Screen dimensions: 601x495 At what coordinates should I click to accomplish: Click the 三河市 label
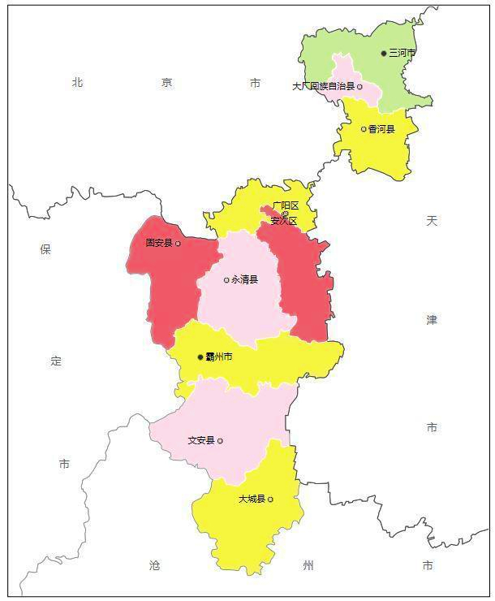(x=402, y=53)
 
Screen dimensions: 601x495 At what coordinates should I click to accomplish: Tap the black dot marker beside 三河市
(x=385, y=54)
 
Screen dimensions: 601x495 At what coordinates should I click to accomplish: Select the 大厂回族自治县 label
(x=323, y=86)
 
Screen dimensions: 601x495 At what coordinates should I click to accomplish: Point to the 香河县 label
(x=381, y=129)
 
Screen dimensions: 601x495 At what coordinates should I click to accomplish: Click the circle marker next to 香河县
(x=364, y=129)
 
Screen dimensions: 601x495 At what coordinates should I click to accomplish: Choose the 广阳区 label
(x=286, y=205)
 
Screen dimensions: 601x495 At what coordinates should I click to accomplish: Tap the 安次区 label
(x=284, y=221)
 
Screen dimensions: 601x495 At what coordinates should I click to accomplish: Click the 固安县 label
(x=159, y=243)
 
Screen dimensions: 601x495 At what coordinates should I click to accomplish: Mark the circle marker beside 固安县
(x=178, y=243)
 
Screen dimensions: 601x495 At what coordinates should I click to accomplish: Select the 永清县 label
(x=244, y=280)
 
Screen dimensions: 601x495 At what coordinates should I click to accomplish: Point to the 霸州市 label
(x=219, y=357)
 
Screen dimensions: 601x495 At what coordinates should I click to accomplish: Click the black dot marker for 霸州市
(x=200, y=357)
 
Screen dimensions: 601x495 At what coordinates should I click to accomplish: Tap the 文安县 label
(x=200, y=441)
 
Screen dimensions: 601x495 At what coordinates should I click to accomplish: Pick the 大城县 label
(x=252, y=499)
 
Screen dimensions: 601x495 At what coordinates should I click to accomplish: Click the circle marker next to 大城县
(x=270, y=499)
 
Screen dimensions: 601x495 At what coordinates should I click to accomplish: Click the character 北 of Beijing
(x=77, y=82)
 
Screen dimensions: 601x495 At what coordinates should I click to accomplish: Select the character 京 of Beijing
(x=166, y=82)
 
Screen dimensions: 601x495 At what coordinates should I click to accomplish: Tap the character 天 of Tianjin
(x=432, y=221)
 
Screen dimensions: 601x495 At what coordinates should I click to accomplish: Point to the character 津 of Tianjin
(x=432, y=320)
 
